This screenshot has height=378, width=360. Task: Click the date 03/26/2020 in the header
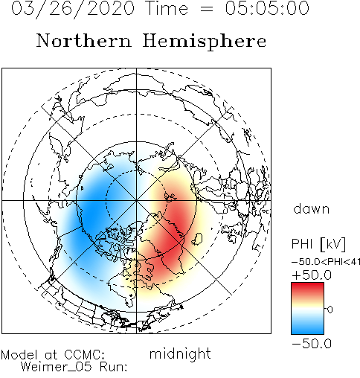coord(73,9)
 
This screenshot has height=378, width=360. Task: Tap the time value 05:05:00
coord(267,8)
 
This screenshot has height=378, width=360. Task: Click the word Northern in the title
coord(84,40)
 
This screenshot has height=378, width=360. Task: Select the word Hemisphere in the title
coord(205,42)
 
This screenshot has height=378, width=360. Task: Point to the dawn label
coord(312,209)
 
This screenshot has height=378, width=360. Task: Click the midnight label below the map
coord(180,353)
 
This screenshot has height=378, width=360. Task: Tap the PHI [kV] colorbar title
coord(318,244)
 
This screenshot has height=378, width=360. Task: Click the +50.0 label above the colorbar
coord(312,275)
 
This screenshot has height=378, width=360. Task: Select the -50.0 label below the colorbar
coord(312,344)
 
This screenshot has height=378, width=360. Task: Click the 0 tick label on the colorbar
coord(330,310)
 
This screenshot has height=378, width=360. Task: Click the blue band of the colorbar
coord(307,326)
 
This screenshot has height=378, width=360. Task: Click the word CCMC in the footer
coord(85,355)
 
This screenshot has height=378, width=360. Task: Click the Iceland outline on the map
coord(197,239)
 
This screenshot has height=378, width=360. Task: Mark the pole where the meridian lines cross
coord(136,200)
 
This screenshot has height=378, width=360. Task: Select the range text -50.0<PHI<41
coord(326,262)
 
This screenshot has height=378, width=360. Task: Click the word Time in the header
coord(167,8)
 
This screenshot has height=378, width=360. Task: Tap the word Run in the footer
coord(113,367)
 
